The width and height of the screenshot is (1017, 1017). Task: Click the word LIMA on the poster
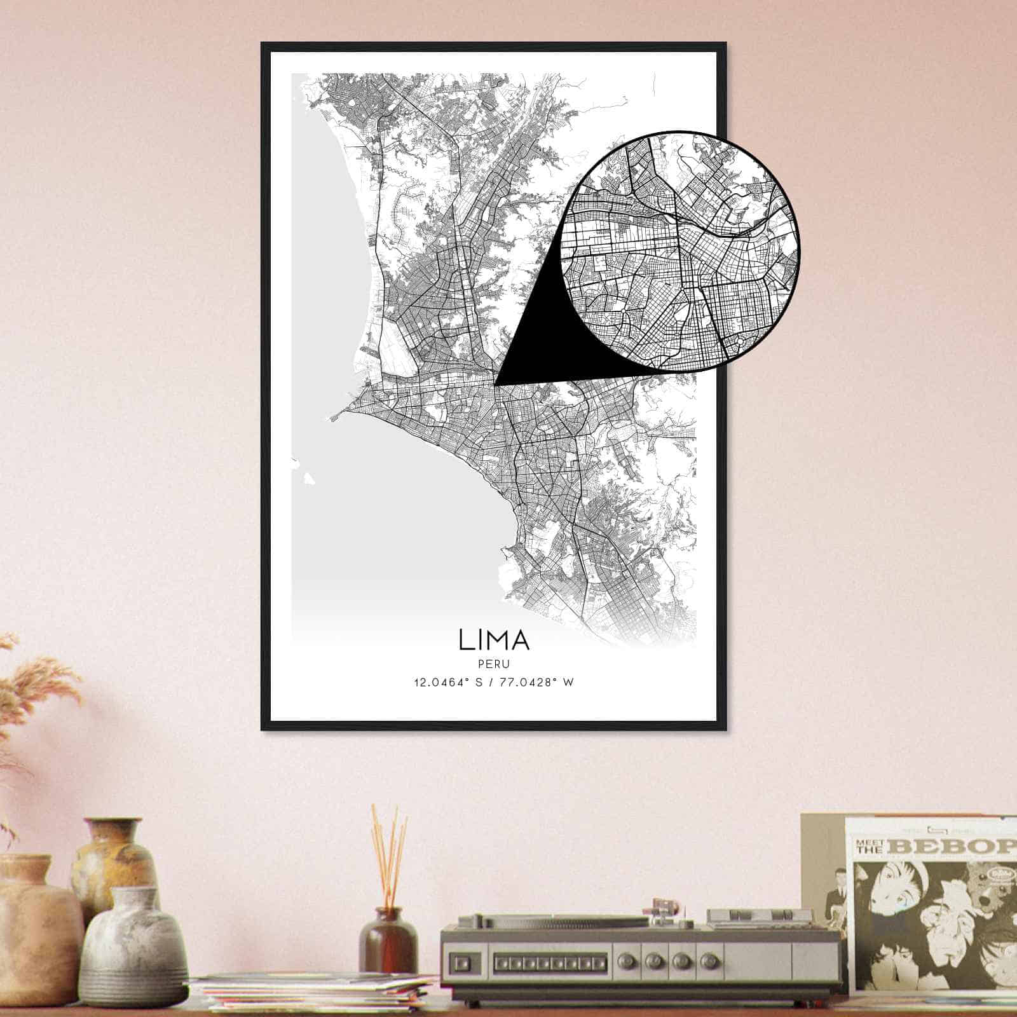(493, 639)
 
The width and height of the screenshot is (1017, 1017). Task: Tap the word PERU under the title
(493, 664)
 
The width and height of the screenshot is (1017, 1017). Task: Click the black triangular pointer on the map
(540, 343)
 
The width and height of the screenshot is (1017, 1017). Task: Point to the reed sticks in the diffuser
(389, 852)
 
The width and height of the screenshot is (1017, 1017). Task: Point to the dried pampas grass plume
(38, 686)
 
